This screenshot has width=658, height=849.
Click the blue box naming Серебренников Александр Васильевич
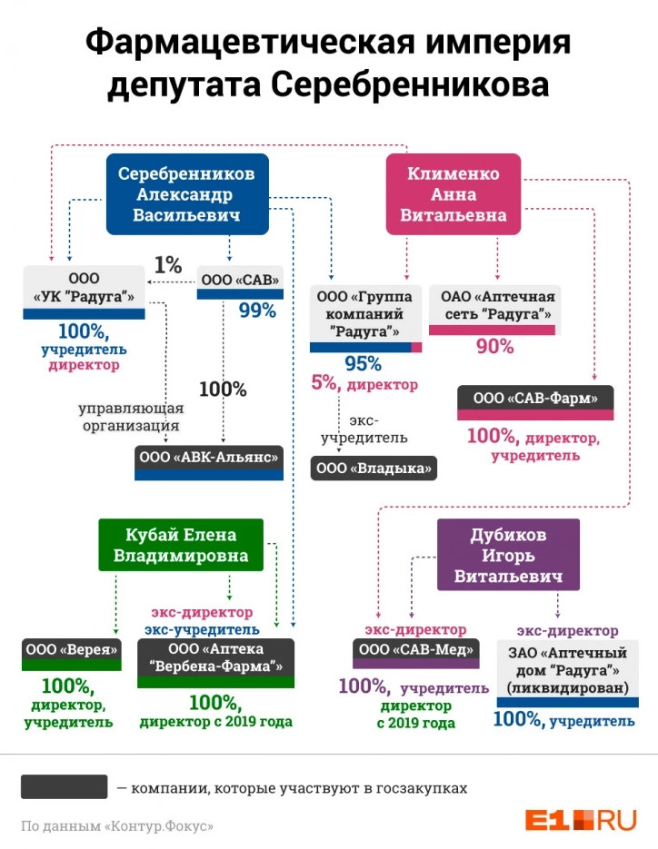click(187, 194)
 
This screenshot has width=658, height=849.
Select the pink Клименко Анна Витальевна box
click(454, 194)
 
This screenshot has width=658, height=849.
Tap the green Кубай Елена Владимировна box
click(181, 545)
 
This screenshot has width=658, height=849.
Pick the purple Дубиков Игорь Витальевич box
click(508, 555)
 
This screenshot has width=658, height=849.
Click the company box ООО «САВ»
click(240, 282)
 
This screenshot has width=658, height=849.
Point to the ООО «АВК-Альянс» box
click(209, 463)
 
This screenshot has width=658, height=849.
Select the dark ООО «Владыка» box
click(374, 469)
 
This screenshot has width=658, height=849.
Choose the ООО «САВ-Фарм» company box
click(535, 403)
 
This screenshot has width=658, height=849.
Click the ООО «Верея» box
click(72, 655)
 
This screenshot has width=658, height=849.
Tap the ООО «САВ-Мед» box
click(415, 654)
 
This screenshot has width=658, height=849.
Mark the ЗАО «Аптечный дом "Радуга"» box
click(567, 674)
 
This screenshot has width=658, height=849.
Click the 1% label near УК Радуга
click(168, 265)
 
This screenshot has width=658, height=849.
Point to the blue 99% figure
click(257, 311)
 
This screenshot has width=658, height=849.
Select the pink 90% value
click(494, 346)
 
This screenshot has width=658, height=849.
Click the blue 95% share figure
click(363, 363)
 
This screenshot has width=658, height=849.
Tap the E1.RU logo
click(581, 820)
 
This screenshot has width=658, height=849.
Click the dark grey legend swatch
click(64, 786)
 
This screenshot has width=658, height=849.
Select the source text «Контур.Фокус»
click(159, 826)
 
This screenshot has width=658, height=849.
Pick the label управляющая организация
click(131, 417)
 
